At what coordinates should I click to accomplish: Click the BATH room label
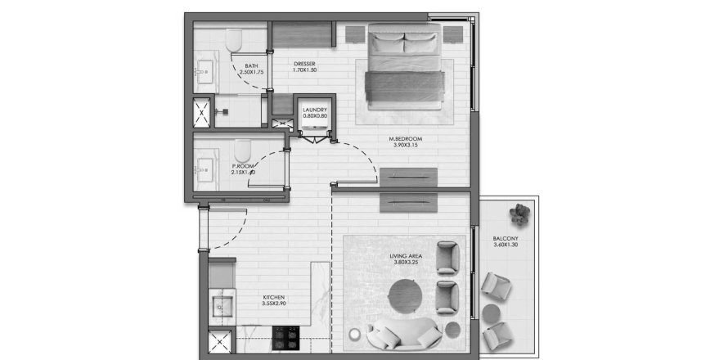[251, 69]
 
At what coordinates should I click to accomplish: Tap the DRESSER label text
[304, 67]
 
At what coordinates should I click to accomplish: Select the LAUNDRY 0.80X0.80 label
[315, 113]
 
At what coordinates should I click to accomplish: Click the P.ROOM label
[243, 169]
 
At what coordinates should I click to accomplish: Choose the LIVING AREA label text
[406, 261]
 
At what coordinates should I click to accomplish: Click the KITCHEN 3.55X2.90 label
[274, 300]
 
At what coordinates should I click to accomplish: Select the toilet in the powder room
[242, 150]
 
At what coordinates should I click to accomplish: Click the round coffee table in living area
[407, 295]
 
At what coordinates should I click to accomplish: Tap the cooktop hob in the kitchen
[285, 337]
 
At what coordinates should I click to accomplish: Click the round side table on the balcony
[492, 313]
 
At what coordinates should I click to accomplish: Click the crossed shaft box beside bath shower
[200, 112]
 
